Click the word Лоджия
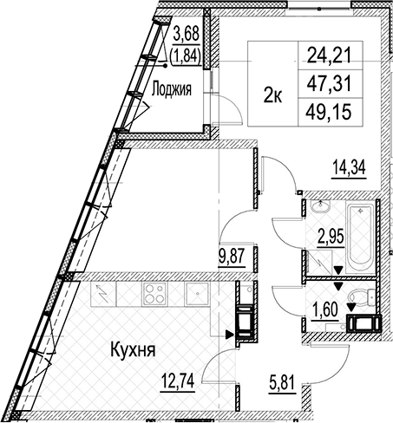172,89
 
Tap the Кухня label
134,350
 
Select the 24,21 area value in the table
329,55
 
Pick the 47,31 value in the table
329,83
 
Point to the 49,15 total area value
329,112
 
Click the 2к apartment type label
272,95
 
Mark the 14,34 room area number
350,167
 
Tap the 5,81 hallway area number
282,383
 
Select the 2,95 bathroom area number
331,238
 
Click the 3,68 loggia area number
187,35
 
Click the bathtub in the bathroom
360,238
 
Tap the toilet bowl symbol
361,296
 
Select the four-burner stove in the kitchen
154,293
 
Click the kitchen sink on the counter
197,293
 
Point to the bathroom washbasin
321,207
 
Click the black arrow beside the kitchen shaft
230,335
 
